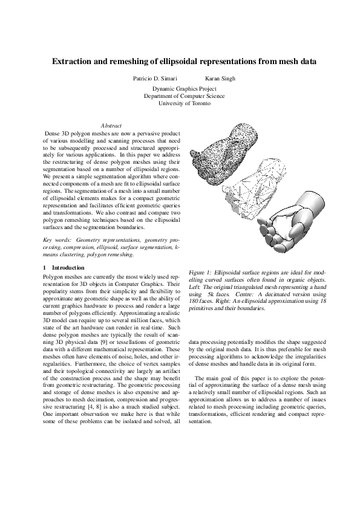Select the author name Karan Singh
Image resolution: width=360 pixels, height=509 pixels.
(220, 79)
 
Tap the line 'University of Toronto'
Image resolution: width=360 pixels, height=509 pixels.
(185, 104)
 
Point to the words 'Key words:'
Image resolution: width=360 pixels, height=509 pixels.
(56, 241)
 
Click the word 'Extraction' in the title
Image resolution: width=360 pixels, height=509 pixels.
(73, 62)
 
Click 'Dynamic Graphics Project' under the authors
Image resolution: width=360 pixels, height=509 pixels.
(185, 89)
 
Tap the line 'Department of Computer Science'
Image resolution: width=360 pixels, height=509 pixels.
(185, 96)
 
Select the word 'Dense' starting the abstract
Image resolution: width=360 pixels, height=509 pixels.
(53, 132)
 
